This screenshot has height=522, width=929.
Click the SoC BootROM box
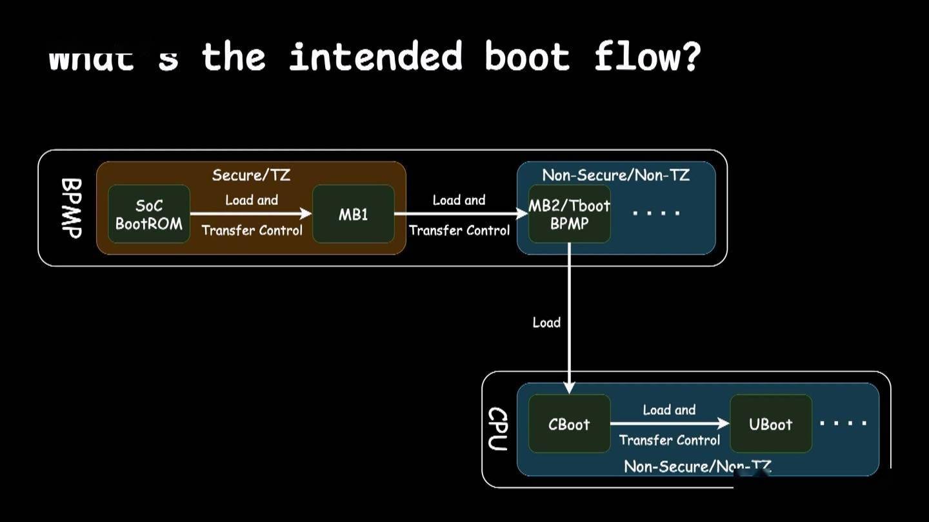pos(149,215)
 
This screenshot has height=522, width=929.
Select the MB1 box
pos(353,215)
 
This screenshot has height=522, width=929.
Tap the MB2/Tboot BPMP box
pos(569,215)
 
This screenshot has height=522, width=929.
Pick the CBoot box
pos(569,424)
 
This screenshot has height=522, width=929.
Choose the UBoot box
pos(770,424)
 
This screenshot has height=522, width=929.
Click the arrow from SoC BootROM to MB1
pos(251,213)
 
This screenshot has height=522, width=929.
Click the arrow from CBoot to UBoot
pos(670,423)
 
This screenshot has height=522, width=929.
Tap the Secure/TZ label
pos(251,175)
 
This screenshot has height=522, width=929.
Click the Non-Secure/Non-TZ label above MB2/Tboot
pos(615,175)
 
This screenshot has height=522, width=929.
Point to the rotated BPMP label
pos(71,208)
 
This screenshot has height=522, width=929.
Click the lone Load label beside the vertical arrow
pos(546,322)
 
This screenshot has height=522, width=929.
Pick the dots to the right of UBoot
pos(843,423)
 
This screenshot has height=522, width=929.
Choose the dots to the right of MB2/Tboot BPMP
pos(655,213)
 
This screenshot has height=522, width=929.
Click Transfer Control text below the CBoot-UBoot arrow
pos(670,440)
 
